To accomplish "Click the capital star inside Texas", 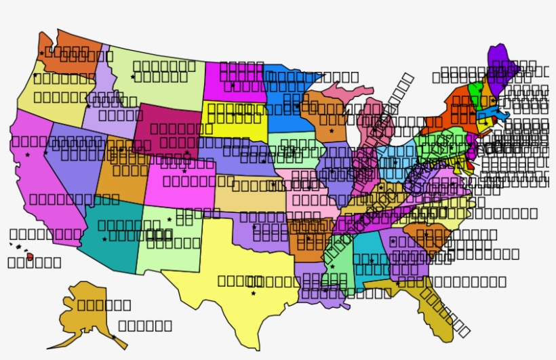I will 253,294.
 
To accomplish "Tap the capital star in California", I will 28,155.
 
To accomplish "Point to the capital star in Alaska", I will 113,336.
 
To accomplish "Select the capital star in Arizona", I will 104,239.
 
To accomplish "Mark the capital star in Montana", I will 133,77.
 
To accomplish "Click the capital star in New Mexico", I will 170,219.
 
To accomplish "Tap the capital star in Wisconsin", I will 332,130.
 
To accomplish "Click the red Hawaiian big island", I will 30,257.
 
